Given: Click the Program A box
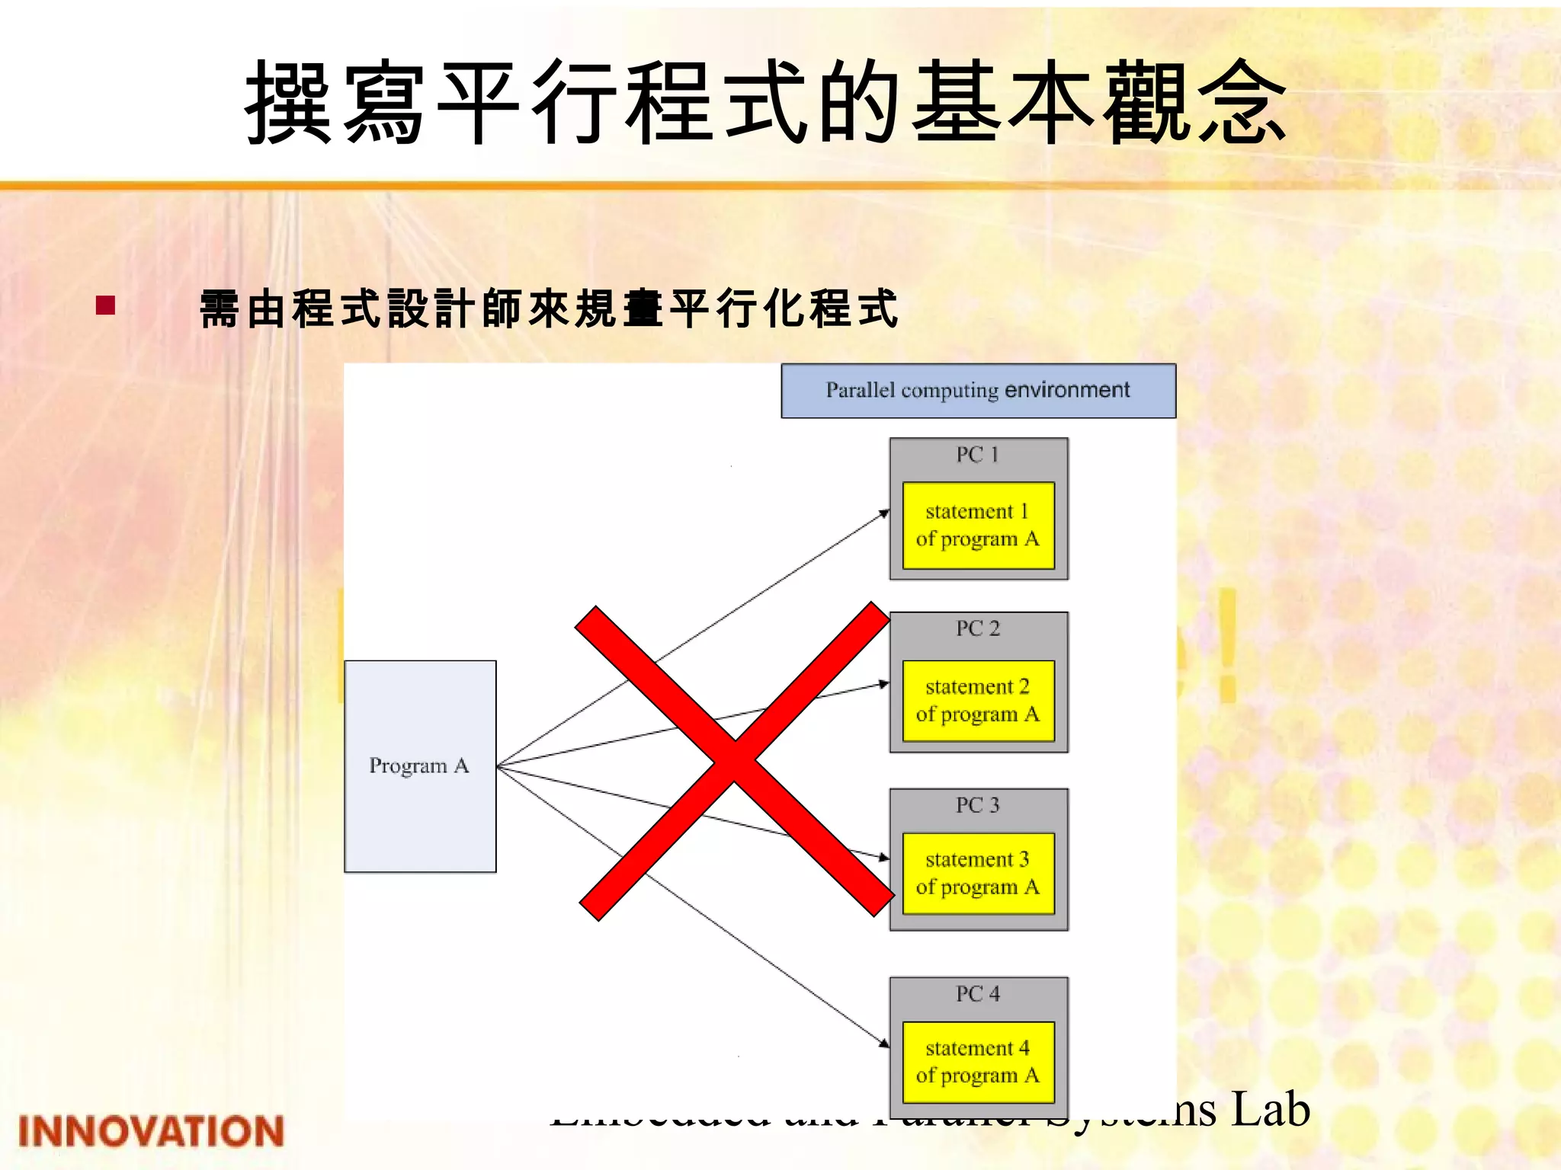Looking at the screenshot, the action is [x=420, y=766].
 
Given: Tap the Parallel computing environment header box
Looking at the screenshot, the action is [x=978, y=391].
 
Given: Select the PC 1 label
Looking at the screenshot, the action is [x=978, y=455].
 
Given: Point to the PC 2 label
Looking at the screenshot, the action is [x=978, y=628].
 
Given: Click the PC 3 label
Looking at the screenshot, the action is [x=978, y=805].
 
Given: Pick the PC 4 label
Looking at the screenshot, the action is [x=978, y=994].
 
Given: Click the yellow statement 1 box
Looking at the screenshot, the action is [x=978, y=525].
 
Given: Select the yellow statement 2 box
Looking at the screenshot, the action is [x=978, y=701].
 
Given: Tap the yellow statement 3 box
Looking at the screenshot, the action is [x=978, y=874].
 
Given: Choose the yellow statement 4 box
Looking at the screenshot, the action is [x=978, y=1062].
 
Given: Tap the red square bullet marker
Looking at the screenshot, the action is [x=105, y=305].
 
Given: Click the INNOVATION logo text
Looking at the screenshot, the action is [x=151, y=1131].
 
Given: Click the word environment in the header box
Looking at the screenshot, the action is [x=1067, y=390].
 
